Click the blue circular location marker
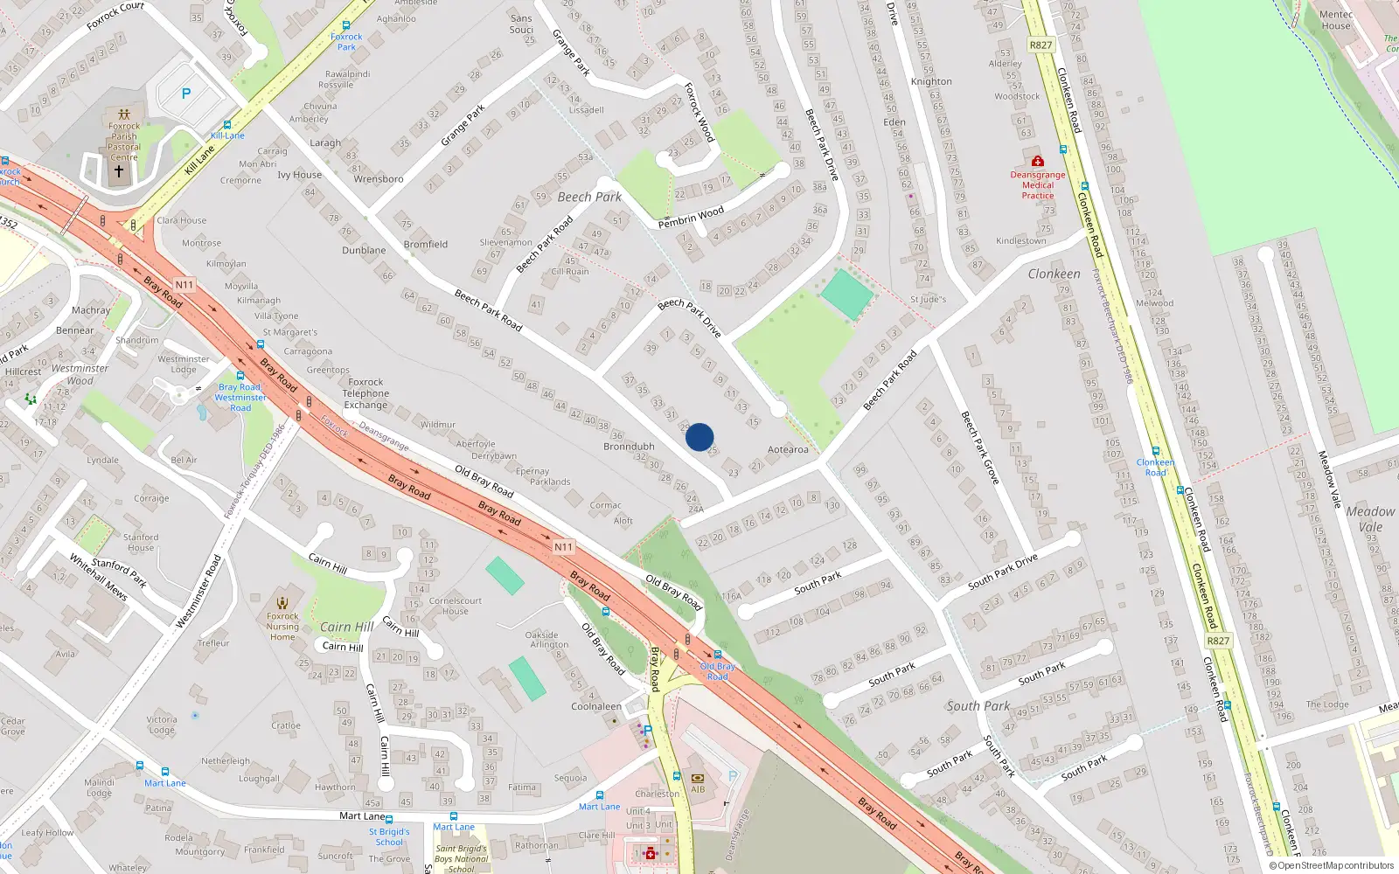(x=699, y=437)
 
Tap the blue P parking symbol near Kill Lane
(x=185, y=94)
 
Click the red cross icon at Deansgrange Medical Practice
(x=1037, y=162)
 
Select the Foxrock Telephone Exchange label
(x=365, y=393)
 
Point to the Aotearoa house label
(x=788, y=450)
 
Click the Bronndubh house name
(x=629, y=447)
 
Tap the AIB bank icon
(x=698, y=778)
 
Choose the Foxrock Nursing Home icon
(x=282, y=602)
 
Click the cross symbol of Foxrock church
(x=119, y=170)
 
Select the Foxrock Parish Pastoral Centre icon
(x=124, y=114)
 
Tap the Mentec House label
(x=1335, y=20)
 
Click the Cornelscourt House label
(x=455, y=606)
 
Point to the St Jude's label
(x=928, y=299)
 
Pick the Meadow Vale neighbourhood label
(x=1370, y=519)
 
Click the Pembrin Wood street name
(x=691, y=218)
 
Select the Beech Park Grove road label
(x=979, y=447)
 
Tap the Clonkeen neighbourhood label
(x=1054, y=274)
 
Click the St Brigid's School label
(x=389, y=836)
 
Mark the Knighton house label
(x=931, y=81)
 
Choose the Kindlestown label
(x=1020, y=240)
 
